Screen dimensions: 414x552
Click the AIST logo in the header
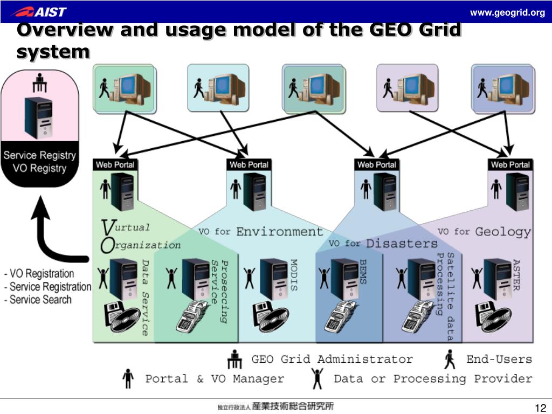[39, 11]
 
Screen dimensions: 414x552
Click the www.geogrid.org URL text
[507, 12]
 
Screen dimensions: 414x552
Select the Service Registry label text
[39, 155]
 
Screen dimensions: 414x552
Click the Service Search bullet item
[40, 300]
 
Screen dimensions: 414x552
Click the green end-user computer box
[123, 88]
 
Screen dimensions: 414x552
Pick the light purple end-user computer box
[407, 88]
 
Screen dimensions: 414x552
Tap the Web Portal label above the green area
[115, 164]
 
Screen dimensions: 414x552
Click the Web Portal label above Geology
[510, 164]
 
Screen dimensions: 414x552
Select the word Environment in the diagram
[280, 232]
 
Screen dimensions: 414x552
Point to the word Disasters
[402, 244]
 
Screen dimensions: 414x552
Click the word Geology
[503, 232]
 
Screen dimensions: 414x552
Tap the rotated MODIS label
[294, 275]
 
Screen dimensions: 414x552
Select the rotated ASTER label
[515, 274]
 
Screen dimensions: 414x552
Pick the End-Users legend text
[499, 359]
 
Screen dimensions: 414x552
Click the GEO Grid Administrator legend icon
[235, 360]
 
